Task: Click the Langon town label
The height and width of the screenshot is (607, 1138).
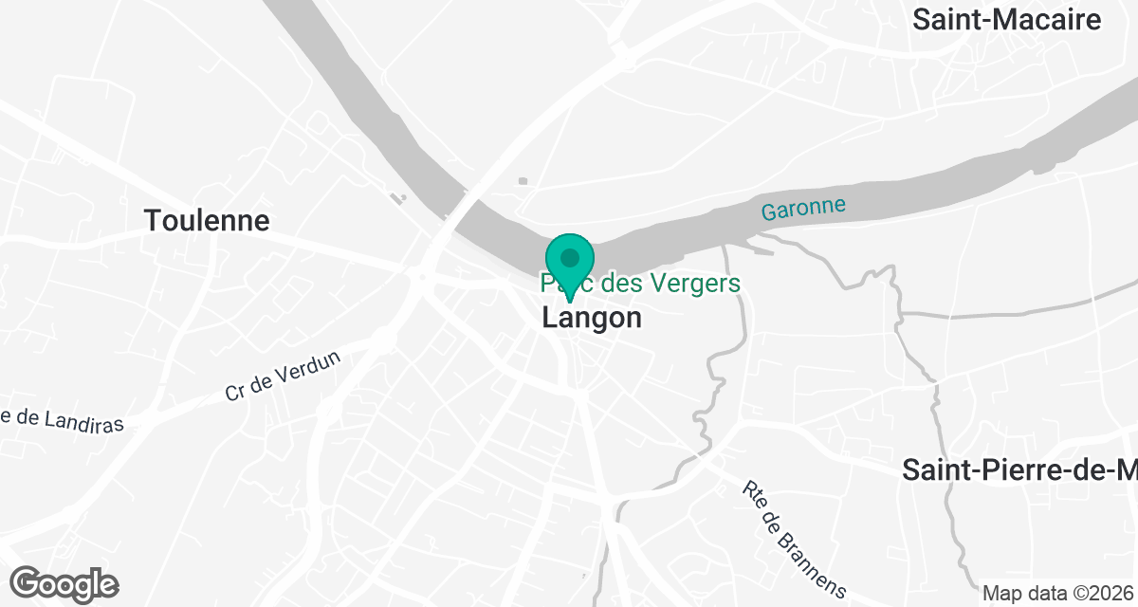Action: tap(592, 318)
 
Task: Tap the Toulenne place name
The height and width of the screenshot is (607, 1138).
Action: tap(207, 221)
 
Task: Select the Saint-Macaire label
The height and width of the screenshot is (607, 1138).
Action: tap(1006, 20)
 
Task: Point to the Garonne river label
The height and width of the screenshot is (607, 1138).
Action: tap(802, 210)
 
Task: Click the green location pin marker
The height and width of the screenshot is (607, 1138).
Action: tap(569, 262)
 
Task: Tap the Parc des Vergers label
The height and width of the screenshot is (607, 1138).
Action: tap(640, 283)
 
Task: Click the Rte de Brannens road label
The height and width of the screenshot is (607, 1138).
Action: tap(793, 538)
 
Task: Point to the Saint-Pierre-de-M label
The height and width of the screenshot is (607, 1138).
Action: tap(1019, 469)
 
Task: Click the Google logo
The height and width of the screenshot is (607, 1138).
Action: tap(64, 583)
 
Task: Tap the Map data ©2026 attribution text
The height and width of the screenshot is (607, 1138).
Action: tap(1058, 594)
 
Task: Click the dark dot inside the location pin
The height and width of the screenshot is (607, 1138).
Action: tap(569, 257)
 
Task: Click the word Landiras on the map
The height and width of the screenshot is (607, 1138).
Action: tap(82, 422)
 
